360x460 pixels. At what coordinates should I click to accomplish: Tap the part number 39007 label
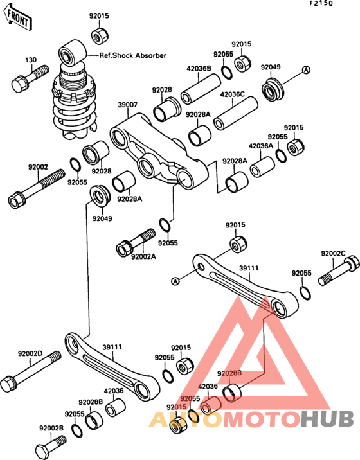(x=128, y=105)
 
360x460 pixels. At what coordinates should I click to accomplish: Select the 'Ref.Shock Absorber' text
(x=132, y=55)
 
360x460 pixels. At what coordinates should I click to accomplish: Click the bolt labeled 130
(x=30, y=78)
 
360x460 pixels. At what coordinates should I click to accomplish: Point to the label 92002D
(x=30, y=353)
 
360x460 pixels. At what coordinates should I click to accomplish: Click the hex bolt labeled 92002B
(x=51, y=445)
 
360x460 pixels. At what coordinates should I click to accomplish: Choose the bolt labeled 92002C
(x=339, y=270)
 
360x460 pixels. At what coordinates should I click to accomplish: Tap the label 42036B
(x=199, y=69)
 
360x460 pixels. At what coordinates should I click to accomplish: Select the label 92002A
(x=143, y=257)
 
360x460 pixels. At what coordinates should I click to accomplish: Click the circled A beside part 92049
(x=306, y=70)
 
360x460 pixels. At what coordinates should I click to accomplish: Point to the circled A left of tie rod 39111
(x=175, y=281)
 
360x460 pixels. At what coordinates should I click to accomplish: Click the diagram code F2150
(x=321, y=3)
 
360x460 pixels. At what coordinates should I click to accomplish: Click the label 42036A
(x=260, y=146)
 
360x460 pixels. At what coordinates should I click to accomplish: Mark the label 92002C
(x=333, y=253)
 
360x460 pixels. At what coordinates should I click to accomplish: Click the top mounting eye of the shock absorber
(x=72, y=53)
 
